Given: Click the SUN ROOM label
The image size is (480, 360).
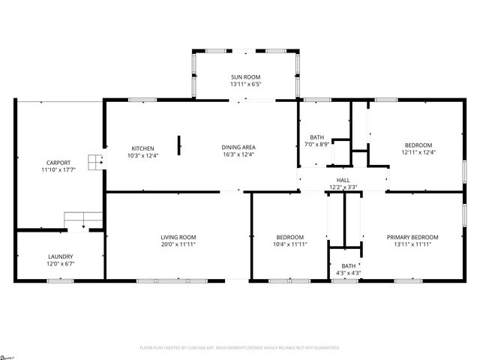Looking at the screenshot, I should pos(245,76).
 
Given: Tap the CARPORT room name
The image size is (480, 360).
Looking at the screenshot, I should pos(58,162).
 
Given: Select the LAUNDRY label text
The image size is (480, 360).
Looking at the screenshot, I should pos(61,256).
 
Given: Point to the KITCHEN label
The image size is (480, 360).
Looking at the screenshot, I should pos(142,148).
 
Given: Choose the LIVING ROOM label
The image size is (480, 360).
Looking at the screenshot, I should pos(178,238).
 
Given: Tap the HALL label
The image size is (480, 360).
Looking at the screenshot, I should pos(343,180).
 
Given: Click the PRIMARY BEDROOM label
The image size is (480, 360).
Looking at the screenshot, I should pos(412,238).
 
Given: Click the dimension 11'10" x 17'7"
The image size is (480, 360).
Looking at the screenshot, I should pos(58,169).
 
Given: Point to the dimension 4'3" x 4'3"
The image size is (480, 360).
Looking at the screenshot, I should pos(349,273).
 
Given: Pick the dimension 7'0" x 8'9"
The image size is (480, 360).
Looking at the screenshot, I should pos(317,145).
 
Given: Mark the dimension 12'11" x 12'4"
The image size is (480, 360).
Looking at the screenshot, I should pos(418,152).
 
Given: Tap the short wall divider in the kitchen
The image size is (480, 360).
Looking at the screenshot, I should pos(178,145).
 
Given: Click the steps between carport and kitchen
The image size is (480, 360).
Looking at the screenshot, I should pos(94,162).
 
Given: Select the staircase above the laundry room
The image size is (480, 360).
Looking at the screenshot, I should pos(83,220).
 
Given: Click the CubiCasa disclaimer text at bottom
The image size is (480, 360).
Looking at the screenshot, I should pos(240,348).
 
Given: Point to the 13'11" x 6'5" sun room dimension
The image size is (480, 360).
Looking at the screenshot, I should pos(245,84).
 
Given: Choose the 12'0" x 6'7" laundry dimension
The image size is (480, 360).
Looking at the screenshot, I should pos(61,264).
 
